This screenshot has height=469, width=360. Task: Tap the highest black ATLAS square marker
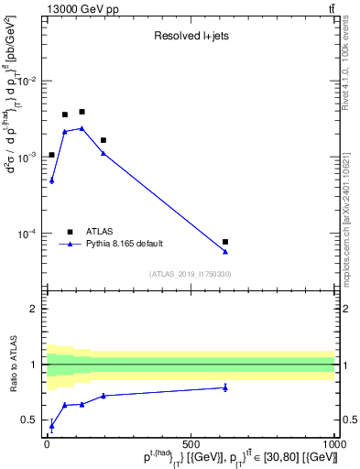[82, 112]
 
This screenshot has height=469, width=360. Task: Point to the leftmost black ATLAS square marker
[51, 155]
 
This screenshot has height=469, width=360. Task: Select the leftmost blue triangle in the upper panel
[51, 180]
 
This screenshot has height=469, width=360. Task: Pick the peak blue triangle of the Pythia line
[82, 128]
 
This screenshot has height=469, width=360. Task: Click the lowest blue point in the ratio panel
[51, 426]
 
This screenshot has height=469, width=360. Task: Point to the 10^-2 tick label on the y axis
[30, 82]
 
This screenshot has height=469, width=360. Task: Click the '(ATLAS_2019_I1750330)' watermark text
[191, 274]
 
